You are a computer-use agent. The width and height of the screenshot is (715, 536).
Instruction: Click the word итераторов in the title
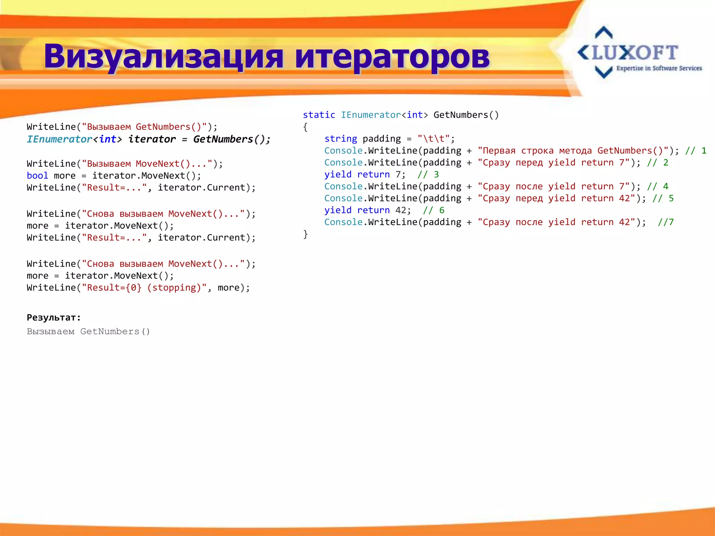[x=392, y=57]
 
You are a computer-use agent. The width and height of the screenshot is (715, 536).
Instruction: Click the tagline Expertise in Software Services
[x=659, y=68]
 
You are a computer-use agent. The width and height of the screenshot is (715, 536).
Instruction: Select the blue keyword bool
[x=37, y=176]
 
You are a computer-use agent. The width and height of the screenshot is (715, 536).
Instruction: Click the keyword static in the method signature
[x=319, y=115]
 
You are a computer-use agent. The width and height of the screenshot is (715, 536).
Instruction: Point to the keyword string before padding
[x=340, y=139]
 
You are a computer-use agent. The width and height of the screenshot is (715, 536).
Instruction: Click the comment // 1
[x=696, y=151]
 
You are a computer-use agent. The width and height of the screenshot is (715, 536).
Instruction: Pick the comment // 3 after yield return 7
[x=428, y=174]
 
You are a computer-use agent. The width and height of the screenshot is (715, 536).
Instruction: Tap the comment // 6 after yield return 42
[x=434, y=210]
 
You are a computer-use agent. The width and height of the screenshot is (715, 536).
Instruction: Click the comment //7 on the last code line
[x=666, y=222]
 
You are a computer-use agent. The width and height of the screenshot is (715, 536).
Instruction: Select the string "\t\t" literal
[x=434, y=139]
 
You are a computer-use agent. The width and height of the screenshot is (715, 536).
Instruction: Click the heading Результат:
[x=54, y=318]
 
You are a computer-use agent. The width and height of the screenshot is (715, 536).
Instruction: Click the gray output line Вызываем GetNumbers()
[x=88, y=332]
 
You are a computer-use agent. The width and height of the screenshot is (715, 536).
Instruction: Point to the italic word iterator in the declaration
[x=152, y=139]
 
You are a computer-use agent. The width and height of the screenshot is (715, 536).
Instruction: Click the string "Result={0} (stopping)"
[x=144, y=288]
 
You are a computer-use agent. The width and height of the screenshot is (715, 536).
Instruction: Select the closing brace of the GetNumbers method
[x=305, y=234]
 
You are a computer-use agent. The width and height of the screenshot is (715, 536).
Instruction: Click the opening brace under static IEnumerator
[x=305, y=127]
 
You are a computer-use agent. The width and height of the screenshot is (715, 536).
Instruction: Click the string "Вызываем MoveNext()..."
[x=147, y=164]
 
